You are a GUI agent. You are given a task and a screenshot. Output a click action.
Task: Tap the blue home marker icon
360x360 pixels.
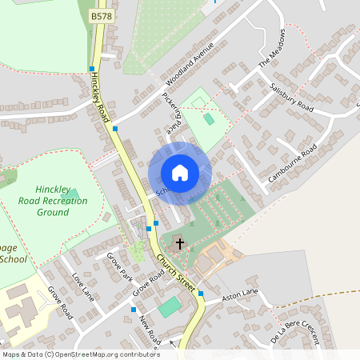180,173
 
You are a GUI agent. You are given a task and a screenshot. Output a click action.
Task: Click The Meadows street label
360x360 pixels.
271,50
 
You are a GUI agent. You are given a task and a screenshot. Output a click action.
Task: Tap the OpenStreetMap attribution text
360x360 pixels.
80,354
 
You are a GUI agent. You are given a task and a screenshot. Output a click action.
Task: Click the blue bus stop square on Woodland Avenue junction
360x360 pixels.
116,129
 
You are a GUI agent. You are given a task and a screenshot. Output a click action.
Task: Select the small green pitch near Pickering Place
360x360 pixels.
210,118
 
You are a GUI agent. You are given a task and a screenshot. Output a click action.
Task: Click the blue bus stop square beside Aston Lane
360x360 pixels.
201,294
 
